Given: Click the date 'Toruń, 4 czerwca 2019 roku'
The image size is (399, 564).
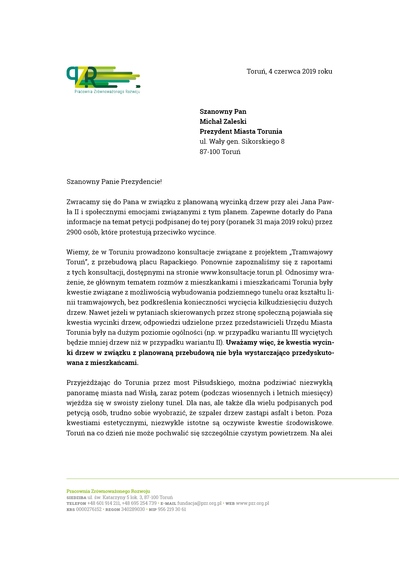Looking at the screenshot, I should coord(289,71).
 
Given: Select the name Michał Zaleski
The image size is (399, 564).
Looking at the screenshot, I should coord(223,122).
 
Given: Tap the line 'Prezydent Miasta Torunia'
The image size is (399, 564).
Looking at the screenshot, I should coord(241,132).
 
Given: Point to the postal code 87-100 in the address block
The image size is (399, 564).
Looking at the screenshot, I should coord(209,152).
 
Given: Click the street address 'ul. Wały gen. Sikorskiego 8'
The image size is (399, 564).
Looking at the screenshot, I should coord(242,141).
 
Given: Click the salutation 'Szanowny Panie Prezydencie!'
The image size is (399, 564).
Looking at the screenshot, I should coord(114,182).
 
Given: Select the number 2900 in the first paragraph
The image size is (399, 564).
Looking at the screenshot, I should coord(74,232).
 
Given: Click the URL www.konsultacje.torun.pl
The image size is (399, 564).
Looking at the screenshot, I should coord(241,272).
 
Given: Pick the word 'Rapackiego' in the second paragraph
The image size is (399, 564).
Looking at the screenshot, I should coord(178,262).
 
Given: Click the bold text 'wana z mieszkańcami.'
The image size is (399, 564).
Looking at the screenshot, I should coord(102,363).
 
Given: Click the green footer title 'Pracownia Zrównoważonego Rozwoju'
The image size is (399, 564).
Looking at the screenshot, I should coord(108,491).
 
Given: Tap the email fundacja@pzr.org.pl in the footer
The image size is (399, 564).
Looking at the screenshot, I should coord(199,503).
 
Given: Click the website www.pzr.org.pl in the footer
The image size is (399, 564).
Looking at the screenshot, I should coord(252,503).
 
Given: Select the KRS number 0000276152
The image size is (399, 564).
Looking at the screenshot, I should coord(88,509).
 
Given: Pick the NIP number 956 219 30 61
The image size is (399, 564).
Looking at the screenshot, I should coord(172,509).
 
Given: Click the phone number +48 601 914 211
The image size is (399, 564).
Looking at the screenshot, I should coord(104,503).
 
